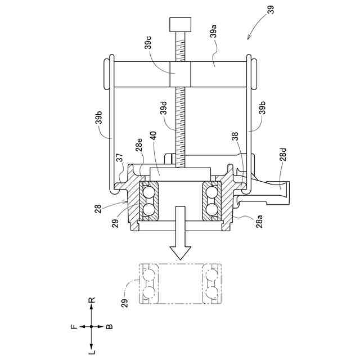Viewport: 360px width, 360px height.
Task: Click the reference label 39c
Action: tap(148, 42)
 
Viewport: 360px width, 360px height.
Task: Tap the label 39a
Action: tap(214, 31)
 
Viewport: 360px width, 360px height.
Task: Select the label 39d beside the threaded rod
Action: tap(164, 108)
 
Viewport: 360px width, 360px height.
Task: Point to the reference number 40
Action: tap(154, 136)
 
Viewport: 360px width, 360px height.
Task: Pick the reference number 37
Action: tap(120, 157)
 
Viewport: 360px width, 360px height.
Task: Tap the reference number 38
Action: tap(235, 136)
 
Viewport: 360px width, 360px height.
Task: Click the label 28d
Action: tap(283, 155)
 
